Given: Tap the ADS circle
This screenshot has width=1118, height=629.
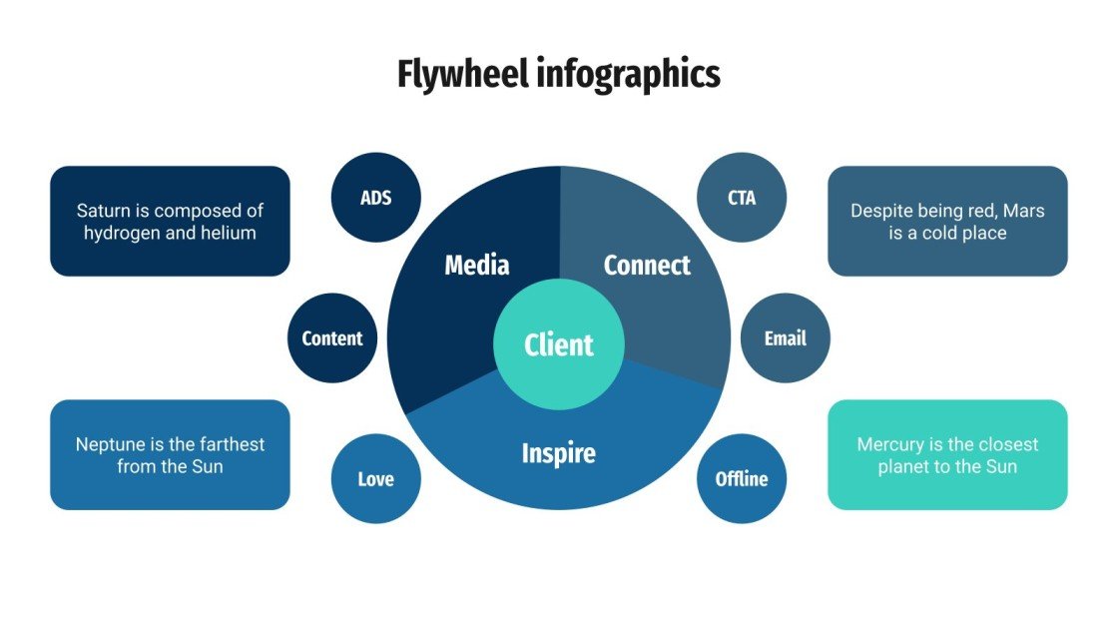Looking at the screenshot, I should pos(376,197).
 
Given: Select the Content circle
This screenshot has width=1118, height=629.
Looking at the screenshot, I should pos(332,337).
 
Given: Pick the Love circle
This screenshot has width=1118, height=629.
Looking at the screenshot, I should pos(376,478).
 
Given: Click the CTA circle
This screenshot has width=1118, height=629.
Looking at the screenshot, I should pos(742,197).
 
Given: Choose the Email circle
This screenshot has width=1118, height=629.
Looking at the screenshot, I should pos(785,337).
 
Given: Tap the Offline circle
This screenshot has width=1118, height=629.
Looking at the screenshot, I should pos(742,478).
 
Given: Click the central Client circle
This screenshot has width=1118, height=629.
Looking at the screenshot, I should pos(559,344).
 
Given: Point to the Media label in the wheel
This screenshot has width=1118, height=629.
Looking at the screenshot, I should pos(477,265).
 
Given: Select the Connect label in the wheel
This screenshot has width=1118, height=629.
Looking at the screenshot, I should pos(647,265).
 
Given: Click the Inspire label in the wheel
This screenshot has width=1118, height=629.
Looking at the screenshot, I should pos(559,453).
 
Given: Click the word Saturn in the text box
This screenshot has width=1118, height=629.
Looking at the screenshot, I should pos(101,211).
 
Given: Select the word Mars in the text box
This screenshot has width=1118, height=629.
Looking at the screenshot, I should pos(1023,211).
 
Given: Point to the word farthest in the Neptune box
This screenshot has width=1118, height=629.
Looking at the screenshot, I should pos(231,444).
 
